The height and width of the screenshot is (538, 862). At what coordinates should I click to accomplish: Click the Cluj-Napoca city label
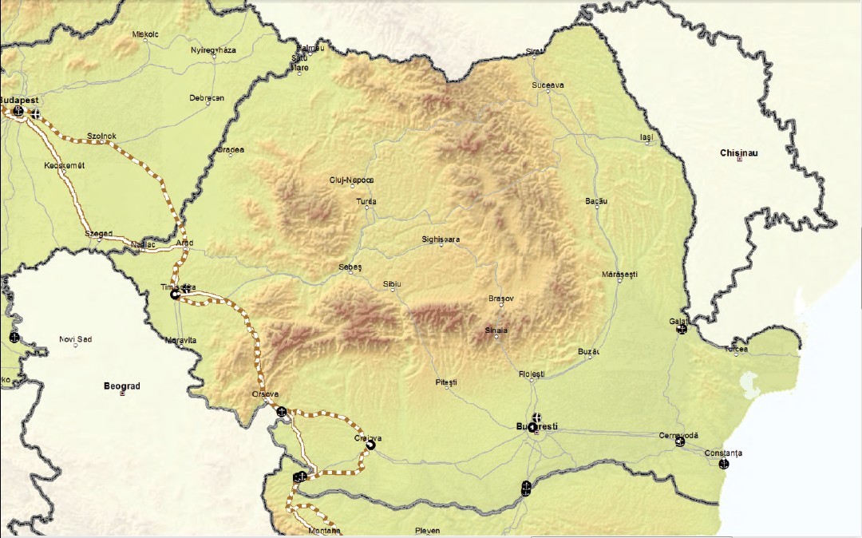351,180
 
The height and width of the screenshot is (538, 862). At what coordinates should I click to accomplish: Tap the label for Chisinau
737,152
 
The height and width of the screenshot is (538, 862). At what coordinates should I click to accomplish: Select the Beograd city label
122,386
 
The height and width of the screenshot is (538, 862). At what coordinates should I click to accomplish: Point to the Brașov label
501,299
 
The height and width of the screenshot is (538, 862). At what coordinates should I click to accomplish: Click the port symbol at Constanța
724,464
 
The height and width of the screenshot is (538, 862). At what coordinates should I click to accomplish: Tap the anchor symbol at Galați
682,329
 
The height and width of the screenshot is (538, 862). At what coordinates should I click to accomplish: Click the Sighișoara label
441,239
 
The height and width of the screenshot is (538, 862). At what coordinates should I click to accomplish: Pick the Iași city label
646,137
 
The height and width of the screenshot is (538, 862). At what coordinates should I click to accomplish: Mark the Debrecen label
207,98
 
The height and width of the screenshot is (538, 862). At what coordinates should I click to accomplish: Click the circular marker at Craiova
370,445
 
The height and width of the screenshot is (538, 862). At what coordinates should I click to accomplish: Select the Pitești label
446,383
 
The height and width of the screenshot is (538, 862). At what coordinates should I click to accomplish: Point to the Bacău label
596,201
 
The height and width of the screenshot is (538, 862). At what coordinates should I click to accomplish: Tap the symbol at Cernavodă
680,441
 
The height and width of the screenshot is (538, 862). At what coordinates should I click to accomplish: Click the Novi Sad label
76,339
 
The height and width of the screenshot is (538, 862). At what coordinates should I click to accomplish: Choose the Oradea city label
230,149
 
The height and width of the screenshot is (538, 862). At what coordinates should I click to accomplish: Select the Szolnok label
101,136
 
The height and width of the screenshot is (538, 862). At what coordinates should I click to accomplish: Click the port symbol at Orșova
282,411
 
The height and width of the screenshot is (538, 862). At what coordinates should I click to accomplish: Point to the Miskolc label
146,34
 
